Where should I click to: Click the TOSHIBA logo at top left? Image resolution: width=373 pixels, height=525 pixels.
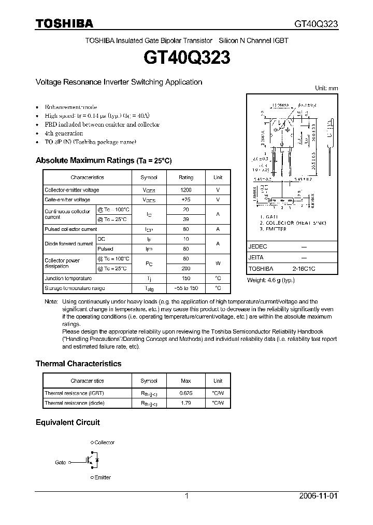click(64, 23)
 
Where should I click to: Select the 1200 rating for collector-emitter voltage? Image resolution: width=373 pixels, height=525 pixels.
click(185, 190)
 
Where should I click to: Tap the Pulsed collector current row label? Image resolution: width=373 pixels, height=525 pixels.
click(70, 229)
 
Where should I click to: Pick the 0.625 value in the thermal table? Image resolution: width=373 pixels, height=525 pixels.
click(185, 393)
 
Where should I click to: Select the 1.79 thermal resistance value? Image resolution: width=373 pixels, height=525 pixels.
click(185, 403)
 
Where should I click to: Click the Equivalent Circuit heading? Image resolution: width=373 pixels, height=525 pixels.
click(67, 422)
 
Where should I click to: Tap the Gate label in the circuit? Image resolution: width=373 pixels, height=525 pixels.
click(61, 462)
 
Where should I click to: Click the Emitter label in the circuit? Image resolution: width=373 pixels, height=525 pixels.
click(103, 477)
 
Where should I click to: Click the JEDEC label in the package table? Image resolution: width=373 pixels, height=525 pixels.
click(257, 247)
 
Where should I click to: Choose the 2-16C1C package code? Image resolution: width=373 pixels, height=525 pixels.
click(303, 269)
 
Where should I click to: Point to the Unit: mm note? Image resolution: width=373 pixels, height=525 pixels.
click(326, 89)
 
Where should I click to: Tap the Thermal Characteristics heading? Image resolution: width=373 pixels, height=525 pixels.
click(78, 364)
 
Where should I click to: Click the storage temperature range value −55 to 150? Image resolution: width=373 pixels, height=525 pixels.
click(185, 288)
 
